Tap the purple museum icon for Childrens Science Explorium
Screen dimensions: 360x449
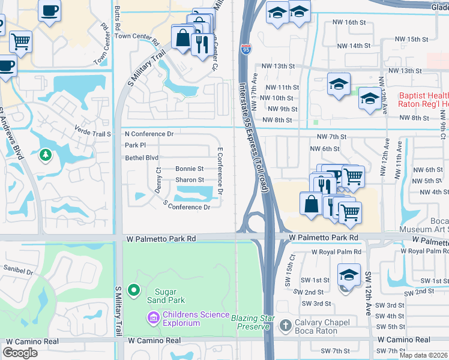153,316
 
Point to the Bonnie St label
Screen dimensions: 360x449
190,169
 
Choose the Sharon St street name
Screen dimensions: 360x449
190,179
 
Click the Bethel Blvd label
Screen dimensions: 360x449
141,158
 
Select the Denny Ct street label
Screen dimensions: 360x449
158,179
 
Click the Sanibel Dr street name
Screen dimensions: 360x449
17,271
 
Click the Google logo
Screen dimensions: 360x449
20,353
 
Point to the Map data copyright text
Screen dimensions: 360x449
423,355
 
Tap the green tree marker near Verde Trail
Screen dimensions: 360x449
45,156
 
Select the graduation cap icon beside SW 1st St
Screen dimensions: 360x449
349,274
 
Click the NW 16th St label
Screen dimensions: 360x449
349,22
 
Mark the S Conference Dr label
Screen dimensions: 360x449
187,206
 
